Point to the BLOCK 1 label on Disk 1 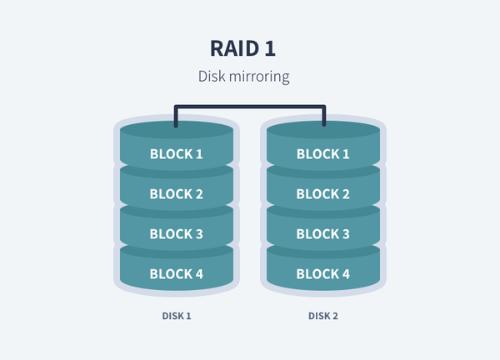pyautogui.click(x=176, y=154)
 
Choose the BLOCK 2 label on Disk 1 pyautogui.click(x=176, y=194)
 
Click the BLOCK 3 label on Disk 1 pyautogui.click(x=176, y=234)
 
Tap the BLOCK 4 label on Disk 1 pyautogui.click(x=176, y=274)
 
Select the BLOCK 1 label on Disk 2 pyautogui.click(x=323, y=154)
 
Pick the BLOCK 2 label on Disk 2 pyautogui.click(x=323, y=194)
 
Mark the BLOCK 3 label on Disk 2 pyautogui.click(x=323, y=234)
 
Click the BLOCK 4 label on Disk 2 pyautogui.click(x=323, y=274)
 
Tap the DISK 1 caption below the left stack pyautogui.click(x=177, y=317)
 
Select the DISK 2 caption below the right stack pyautogui.click(x=323, y=317)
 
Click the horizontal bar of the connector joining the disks pyautogui.click(x=250, y=107)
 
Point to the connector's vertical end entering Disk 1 pyautogui.click(x=176, y=118)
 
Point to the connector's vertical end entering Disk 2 pyautogui.click(x=324, y=118)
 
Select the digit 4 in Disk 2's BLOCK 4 pyautogui.click(x=346, y=274)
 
